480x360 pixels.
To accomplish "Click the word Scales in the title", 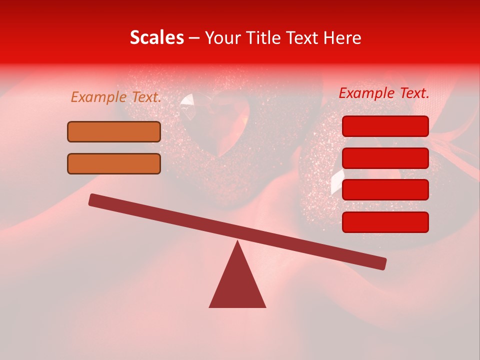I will [156, 38].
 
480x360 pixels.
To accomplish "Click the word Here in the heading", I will [342, 38].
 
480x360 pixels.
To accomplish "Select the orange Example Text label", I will [116, 97].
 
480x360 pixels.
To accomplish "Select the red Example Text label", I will [384, 93].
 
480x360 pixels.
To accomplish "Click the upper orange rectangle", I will [114, 131].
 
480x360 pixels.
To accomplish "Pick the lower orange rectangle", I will [114, 163].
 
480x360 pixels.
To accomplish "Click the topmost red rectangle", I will [385, 126].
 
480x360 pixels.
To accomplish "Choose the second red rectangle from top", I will [385, 158].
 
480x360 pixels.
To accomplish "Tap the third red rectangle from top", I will [385, 190].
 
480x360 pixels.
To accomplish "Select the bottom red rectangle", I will [385, 222].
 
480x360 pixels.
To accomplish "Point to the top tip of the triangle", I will [237, 242].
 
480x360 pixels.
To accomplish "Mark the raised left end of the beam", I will [93, 199].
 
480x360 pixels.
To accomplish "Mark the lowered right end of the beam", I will [382, 263].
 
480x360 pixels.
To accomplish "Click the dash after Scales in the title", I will [194, 38].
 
